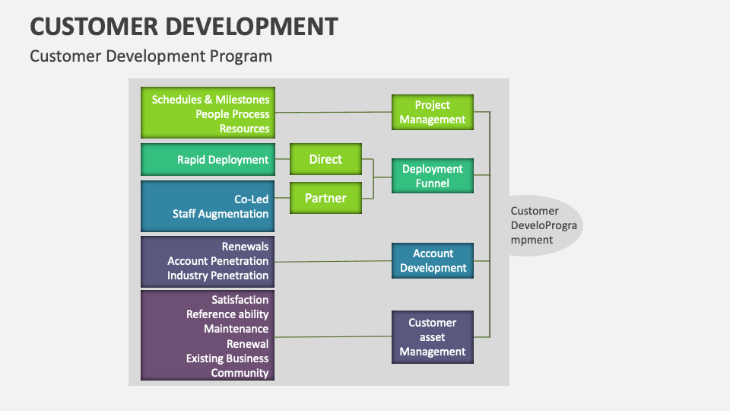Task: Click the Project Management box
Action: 433,113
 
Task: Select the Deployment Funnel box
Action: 433,176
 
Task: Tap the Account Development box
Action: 433,261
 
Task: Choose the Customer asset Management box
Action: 433,337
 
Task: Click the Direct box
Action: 325,160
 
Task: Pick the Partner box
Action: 325,199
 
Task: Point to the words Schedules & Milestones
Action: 211,100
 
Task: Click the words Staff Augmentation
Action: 221,214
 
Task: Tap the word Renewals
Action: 245,247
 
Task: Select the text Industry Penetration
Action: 217,276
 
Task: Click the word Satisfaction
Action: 240,300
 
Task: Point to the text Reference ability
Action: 227,314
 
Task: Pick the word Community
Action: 240,373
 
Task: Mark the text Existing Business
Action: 227,358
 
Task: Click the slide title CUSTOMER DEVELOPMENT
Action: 183,26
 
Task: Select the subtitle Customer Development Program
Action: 151,56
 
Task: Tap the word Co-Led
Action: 251,199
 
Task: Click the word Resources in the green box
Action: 244,129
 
